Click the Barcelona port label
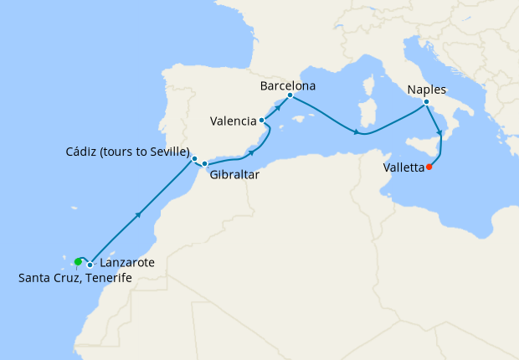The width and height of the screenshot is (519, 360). [x=287, y=85]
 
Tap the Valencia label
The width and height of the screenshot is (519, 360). [x=233, y=121]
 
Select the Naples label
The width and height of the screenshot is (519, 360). [x=427, y=90]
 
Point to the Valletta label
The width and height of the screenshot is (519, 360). [x=403, y=167]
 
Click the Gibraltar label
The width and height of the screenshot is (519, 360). [x=234, y=176]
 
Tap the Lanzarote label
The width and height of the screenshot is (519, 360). [x=126, y=263]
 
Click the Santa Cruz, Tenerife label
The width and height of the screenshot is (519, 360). [x=75, y=278]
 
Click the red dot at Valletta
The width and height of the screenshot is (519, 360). [x=429, y=167]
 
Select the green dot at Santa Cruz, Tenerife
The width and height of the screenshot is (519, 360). [x=78, y=262]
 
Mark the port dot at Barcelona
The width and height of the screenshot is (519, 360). [x=290, y=95]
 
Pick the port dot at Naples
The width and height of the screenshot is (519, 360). [x=426, y=102]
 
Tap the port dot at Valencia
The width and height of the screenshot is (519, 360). [x=262, y=121]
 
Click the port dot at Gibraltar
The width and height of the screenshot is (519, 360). [x=204, y=163]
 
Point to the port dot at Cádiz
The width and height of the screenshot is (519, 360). [x=194, y=158]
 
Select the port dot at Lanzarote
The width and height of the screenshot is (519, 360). [x=90, y=265]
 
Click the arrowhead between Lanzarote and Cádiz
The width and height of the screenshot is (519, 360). [x=137, y=215]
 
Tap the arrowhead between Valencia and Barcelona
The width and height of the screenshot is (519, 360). [x=276, y=108]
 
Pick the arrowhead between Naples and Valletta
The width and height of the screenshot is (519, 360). [x=439, y=132]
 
